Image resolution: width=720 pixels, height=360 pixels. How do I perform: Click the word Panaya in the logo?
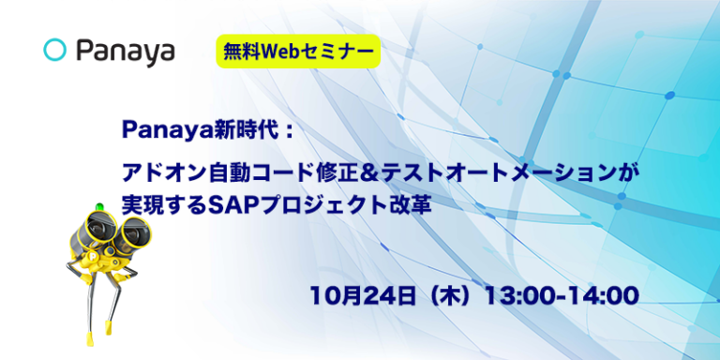coord(125,51)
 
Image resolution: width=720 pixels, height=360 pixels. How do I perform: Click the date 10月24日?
coord(360,295)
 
